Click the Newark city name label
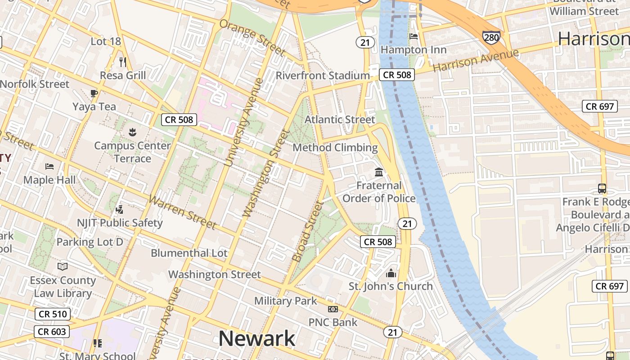coord(257,339)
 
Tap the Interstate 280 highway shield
coord(491,37)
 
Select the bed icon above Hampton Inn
coord(414,36)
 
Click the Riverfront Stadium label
coord(323,76)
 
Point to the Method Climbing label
coord(335,148)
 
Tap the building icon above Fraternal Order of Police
coord(379,172)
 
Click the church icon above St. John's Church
coord(391,273)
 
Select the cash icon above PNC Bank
coord(333,309)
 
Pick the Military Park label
coord(286,301)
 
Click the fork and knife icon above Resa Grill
coord(123,62)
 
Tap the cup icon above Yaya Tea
coord(94,94)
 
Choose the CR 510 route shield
coord(53,314)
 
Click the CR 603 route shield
coord(52,332)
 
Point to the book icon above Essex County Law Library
coord(63,267)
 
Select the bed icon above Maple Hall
coord(49,166)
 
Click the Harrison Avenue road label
coord(476,60)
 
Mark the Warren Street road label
coord(182,212)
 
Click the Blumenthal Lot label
coord(189,253)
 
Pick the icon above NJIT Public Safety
coord(119,209)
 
